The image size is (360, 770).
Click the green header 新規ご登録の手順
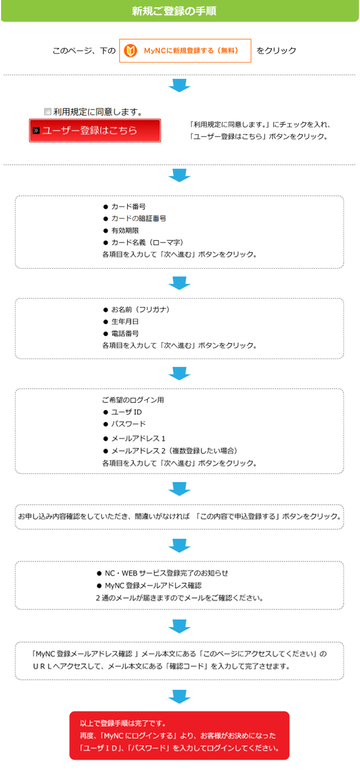[174, 11]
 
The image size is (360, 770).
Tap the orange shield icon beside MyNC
[131, 51]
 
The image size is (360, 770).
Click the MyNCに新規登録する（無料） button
[185, 51]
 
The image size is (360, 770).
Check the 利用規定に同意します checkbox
[48, 111]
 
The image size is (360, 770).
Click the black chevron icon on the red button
[36, 131]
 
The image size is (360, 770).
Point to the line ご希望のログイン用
[133, 400]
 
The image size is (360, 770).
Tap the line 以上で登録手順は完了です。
[123, 723]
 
